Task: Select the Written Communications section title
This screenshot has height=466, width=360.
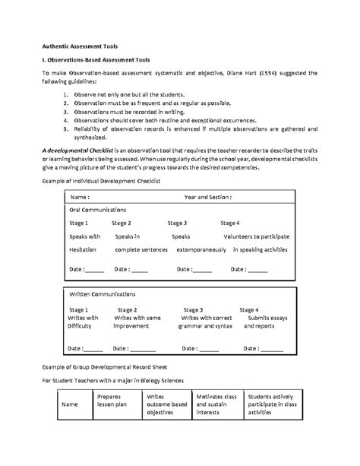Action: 102,293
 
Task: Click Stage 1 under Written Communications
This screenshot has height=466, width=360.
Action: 78,310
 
